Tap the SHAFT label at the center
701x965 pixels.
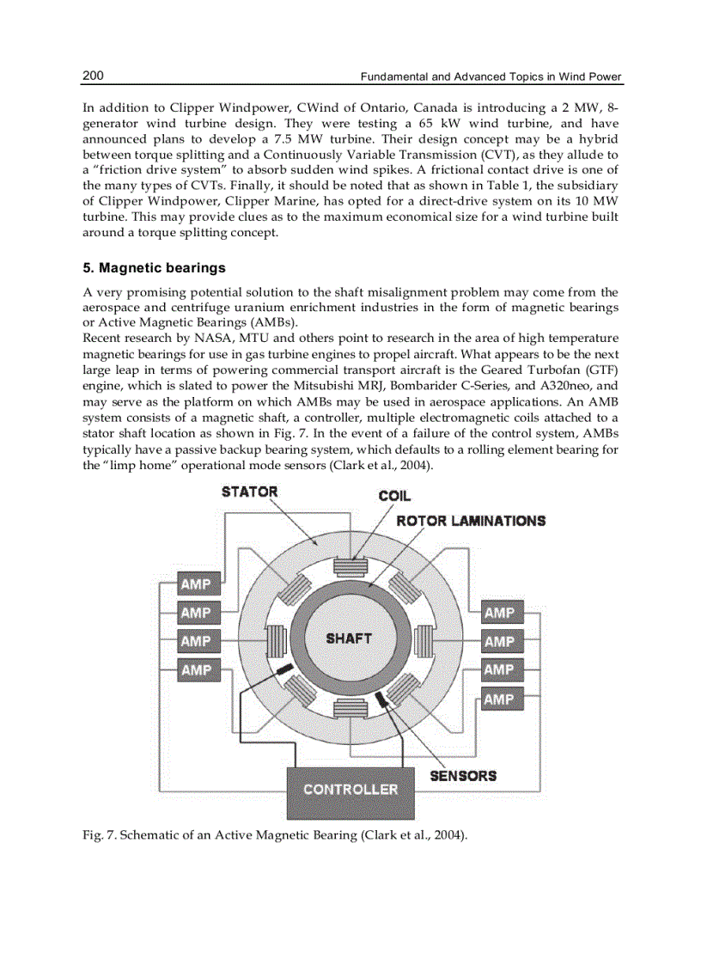(349, 638)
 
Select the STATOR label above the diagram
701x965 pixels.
(249, 492)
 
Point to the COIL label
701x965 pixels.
(394, 496)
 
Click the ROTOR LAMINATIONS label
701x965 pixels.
(471, 521)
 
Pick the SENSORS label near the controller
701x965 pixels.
(463, 775)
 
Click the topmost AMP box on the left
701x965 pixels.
(195, 585)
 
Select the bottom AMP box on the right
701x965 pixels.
(499, 699)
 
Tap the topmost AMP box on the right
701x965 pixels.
(499, 613)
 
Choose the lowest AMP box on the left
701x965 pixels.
(195, 669)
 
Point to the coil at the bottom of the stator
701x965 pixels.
(350, 708)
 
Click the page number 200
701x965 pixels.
(93, 76)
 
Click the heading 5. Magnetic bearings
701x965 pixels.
(154, 268)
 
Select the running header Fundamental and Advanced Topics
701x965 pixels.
(491, 77)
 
